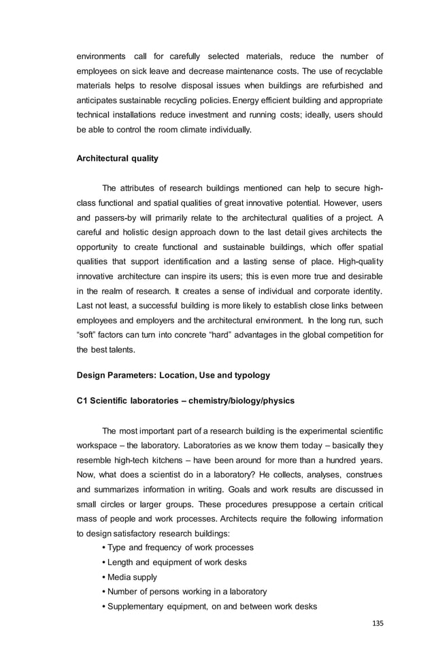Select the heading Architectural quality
tap(117, 158)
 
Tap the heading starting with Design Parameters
tap(173, 374)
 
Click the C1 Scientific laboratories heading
tap(186, 401)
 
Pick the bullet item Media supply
tap(132, 577)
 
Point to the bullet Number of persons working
tap(187, 592)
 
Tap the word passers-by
tap(117, 218)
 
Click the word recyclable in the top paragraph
tap(361, 71)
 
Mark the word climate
tap(197, 128)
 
